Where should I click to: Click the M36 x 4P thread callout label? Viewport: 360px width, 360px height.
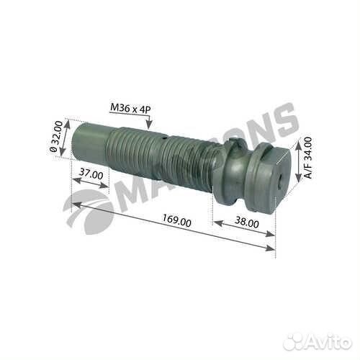pos(130,108)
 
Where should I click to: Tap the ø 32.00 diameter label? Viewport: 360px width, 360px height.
pos(56,136)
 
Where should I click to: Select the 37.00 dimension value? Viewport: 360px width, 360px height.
pos(91,174)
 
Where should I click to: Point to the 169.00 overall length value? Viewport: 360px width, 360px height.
pos(177,220)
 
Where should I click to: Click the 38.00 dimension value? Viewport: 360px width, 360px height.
pos(247,222)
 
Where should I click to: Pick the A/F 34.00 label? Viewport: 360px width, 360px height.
pos(307,158)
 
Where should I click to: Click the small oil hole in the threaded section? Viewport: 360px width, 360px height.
pos(163,138)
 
